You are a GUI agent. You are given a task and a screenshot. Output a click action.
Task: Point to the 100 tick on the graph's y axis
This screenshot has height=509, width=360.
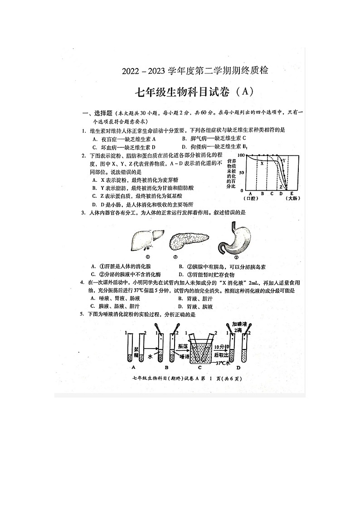coord(241,155)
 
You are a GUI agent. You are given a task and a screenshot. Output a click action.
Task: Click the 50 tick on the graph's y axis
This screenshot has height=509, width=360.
coord(242,173)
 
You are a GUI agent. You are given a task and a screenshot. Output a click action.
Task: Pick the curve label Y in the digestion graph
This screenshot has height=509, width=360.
coord(284,160)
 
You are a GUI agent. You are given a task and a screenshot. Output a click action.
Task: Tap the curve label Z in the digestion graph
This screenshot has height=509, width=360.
coord(281,187)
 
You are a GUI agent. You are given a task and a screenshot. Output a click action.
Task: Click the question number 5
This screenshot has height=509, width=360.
coord(82,314)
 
